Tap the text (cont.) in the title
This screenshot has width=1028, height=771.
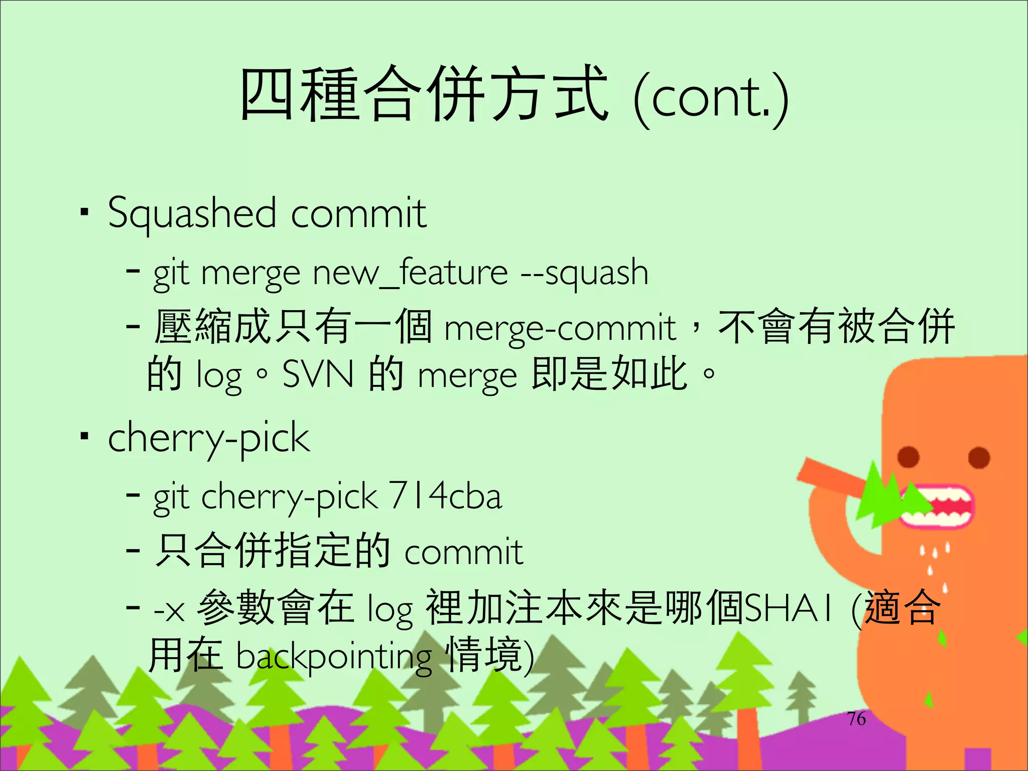pyautogui.click(x=711, y=98)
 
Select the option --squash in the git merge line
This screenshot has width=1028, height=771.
pyautogui.click(x=584, y=274)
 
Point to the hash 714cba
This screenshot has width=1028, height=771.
pyautogui.click(x=445, y=496)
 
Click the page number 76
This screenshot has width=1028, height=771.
pyautogui.click(x=856, y=719)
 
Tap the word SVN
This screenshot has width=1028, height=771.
pyautogui.click(x=318, y=374)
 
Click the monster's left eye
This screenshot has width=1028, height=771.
pyautogui.click(x=908, y=457)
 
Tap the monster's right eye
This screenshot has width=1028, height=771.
pyautogui.click(x=979, y=458)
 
